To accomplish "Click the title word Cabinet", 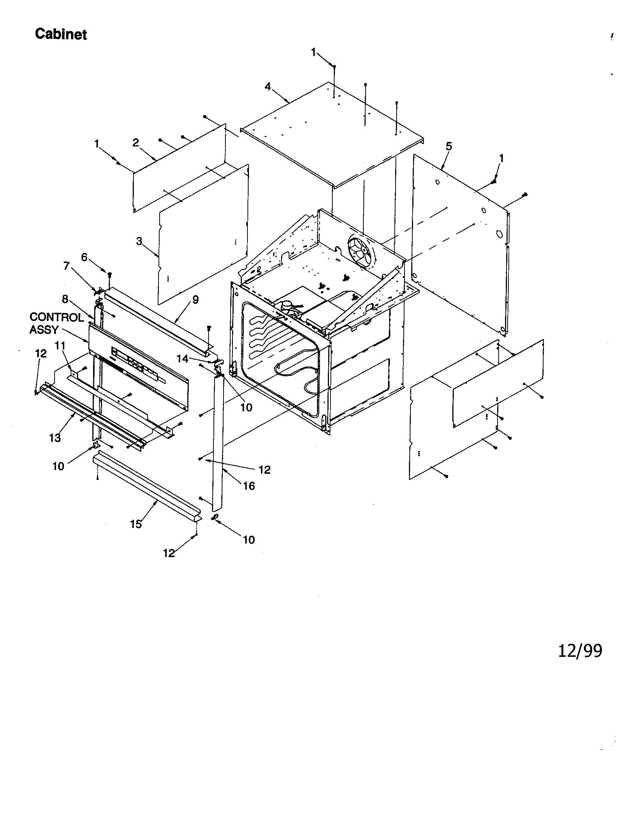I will click(61, 34).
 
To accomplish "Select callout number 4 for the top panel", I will click(268, 87).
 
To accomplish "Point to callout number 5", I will click(449, 146).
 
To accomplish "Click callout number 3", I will click(139, 241).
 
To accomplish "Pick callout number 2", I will click(136, 143).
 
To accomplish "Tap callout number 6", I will click(84, 257).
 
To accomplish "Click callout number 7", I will click(67, 266).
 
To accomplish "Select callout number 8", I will click(65, 299).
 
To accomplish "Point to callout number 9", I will click(196, 300).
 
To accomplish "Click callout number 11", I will click(60, 345).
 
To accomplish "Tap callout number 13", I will click(55, 438).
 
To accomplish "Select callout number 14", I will click(182, 359).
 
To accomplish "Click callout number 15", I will click(136, 524).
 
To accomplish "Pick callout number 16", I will click(249, 486).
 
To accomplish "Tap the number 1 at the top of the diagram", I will click(314, 53).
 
